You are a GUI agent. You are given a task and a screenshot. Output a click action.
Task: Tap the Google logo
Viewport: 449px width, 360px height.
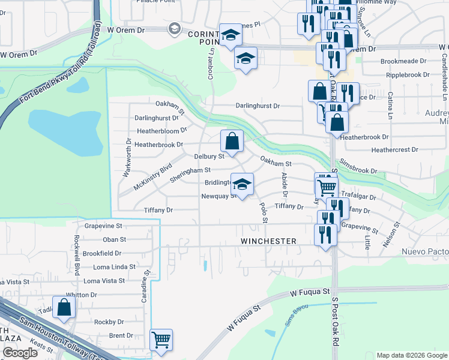20,353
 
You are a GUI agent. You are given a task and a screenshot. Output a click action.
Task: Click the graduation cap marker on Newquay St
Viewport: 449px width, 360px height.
242,185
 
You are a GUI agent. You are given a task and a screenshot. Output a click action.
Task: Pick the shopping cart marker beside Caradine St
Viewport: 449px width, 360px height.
161,340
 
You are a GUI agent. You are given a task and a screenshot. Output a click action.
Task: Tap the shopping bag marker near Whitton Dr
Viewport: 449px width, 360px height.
64,307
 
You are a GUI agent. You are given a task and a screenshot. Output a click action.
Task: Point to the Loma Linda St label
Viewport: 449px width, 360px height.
110,266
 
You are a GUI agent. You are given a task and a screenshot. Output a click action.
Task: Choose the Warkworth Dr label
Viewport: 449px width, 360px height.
128,157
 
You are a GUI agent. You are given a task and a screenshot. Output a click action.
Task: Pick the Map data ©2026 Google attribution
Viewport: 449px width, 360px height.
411,355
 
